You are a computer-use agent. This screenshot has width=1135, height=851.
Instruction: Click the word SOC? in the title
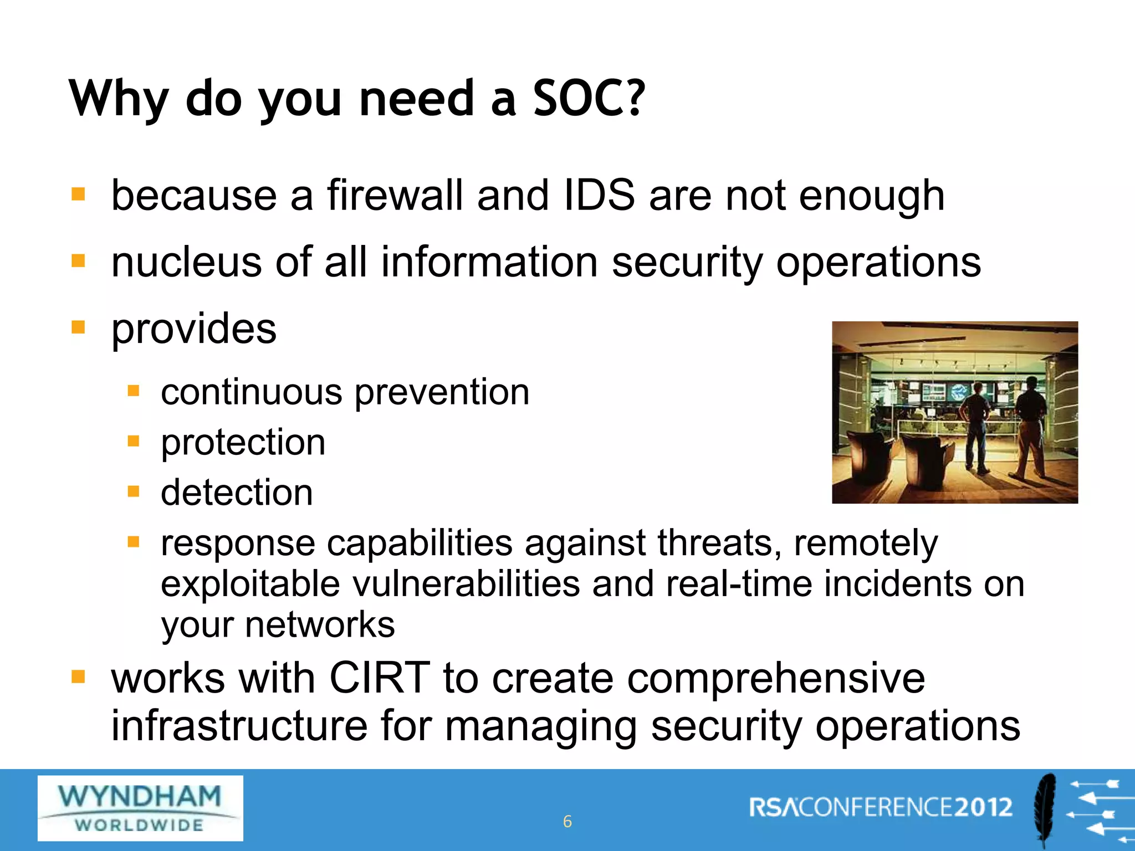[589, 99]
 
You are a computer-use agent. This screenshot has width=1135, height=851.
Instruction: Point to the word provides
[194, 329]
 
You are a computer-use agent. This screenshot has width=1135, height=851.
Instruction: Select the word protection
[243, 443]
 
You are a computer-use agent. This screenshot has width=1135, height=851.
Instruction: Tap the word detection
[237, 493]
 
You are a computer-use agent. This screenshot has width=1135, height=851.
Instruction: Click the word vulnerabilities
[466, 584]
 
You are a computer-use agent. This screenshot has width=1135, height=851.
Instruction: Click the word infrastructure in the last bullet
[239, 726]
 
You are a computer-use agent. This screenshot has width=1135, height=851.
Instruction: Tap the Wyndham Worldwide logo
[140, 808]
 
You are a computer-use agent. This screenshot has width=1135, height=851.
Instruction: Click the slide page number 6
[567, 822]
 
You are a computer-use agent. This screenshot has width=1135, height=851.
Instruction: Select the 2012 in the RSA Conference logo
[983, 807]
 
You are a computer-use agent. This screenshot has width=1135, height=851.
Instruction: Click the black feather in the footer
[1045, 809]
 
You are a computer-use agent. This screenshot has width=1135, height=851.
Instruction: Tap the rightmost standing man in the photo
[1031, 427]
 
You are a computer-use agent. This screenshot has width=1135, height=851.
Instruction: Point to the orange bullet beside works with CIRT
[78, 677]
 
